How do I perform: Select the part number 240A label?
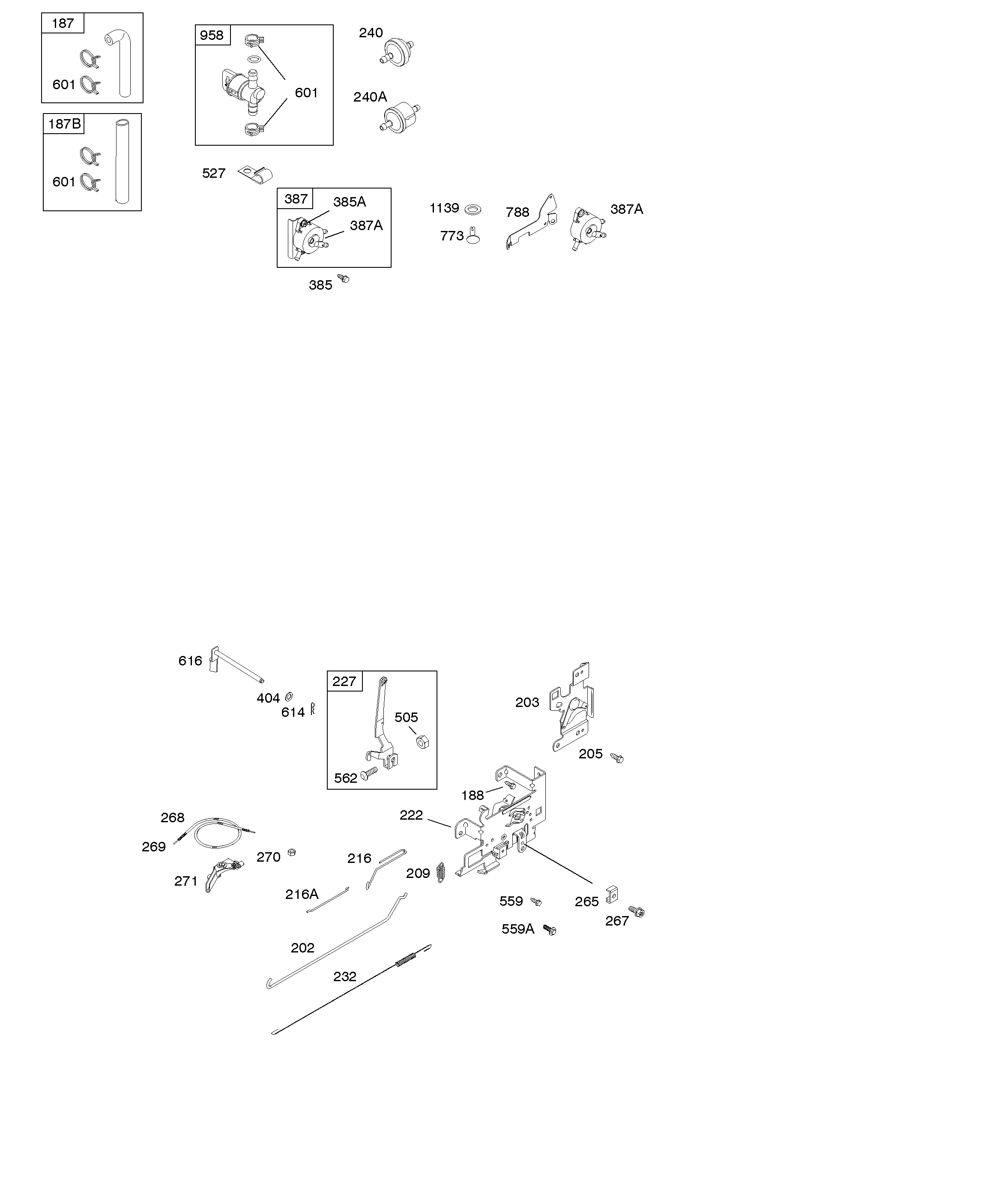point(370,97)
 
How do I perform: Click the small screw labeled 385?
point(343,278)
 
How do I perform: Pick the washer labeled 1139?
point(473,210)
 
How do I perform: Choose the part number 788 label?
point(517,213)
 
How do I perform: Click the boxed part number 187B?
point(64,124)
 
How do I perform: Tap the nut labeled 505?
point(422,741)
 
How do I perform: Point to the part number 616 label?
point(190,661)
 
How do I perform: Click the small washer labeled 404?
point(289,696)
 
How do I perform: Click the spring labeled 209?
point(442,872)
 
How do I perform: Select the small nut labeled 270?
point(292,852)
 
